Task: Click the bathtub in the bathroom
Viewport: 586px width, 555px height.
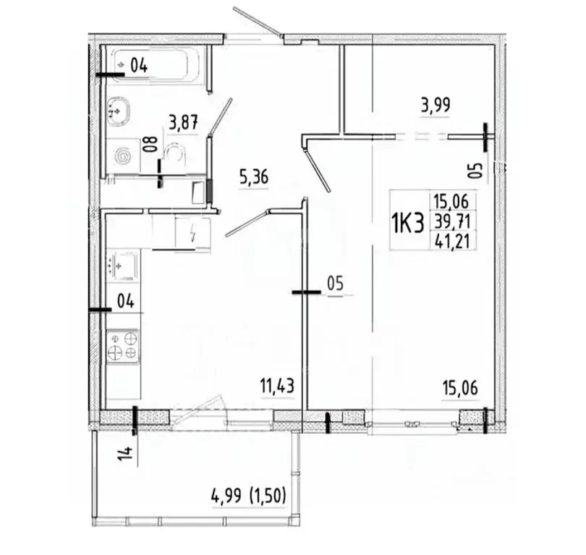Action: [156, 66]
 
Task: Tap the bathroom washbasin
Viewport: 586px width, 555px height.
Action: [118, 110]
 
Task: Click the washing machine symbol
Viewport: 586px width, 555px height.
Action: [122, 156]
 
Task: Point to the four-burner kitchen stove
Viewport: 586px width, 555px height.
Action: [122, 345]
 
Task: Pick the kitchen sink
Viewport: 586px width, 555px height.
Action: [122, 266]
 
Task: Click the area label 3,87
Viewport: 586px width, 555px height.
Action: [183, 122]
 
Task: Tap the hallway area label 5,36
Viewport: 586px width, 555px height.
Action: [254, 177]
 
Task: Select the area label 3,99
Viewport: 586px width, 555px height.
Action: [436, 105]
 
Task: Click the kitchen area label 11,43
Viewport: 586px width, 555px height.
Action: [278, 386]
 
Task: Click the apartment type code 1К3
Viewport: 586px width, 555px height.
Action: [408, 223]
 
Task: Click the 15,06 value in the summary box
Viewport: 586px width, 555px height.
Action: [451, 202]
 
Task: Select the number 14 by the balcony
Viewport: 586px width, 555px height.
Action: [126, 453]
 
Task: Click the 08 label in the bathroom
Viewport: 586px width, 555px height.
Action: [151, 145]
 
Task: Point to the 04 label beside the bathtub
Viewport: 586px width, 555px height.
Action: [139, 66]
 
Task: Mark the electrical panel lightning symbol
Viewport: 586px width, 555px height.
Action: [193, 233]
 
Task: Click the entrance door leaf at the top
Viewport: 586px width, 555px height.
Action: [258, 21]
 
